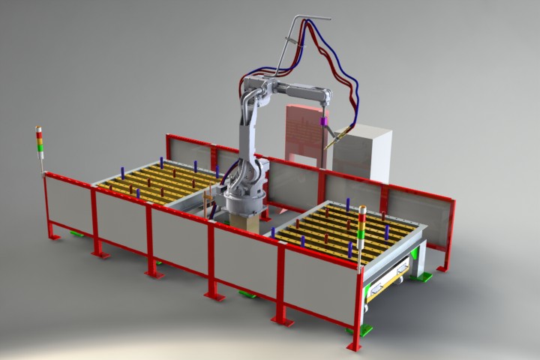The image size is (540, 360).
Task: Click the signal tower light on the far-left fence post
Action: point(40,141)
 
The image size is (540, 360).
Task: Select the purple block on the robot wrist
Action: point(324,119)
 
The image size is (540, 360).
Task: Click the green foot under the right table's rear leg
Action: point(424,277)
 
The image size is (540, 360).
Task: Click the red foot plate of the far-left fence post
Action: point(53,237)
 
